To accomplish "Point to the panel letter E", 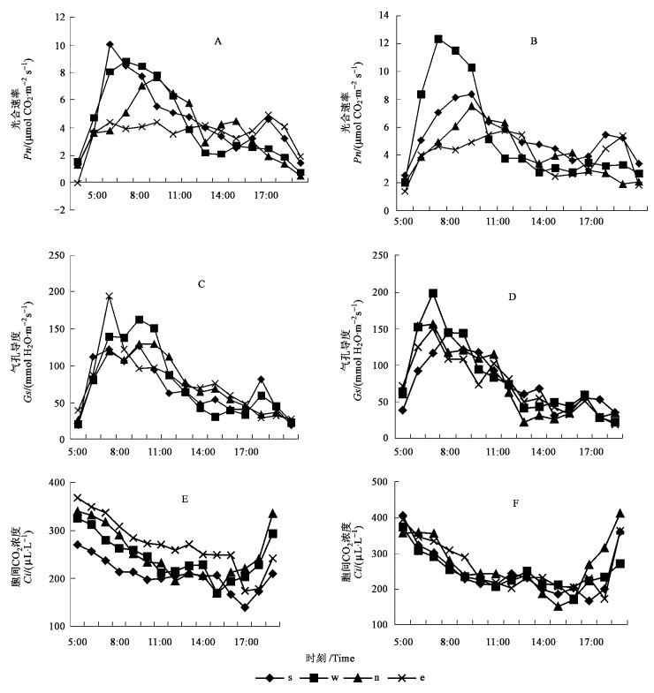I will point(185,500).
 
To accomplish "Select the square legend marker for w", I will point(311,677).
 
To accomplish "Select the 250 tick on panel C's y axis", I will point(55,255).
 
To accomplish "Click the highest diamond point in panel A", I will point(110,44).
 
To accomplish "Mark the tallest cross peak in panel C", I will point(110,297).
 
